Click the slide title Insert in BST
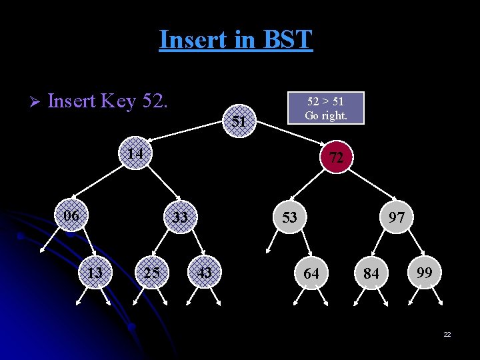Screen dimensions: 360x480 (235, 40)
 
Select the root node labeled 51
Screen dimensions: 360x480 (239, 121)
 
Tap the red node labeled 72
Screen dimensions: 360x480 (336, 157)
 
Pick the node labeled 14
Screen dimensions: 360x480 (136, 154)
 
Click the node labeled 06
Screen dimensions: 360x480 (71, 215)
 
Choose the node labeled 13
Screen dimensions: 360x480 (95, 272)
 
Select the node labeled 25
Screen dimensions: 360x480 (151, 272)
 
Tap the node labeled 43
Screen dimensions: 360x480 (205, 272)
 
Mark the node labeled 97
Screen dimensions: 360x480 (397, 217)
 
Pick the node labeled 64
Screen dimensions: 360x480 (311, 273)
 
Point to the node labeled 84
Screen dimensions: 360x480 (371, 273)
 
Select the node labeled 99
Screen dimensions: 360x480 (423, 272)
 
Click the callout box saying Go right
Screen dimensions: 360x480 (325, 108)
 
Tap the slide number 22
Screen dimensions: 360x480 (447, 333)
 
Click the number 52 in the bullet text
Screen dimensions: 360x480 (152, 101)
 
